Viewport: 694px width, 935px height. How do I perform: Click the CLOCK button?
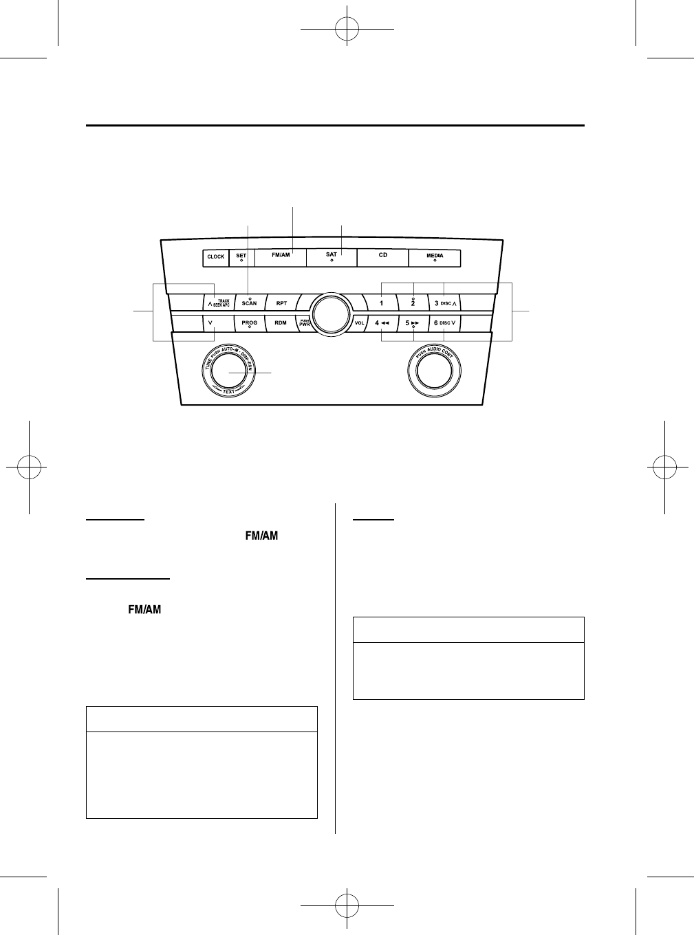click(x=216, y=258)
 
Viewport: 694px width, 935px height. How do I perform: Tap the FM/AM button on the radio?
click(x=281, y=256)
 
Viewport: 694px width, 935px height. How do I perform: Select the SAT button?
click(x=332, y=256)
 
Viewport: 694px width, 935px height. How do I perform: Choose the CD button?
click(x=382, y=256)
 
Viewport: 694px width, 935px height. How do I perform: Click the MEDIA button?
click(x=434, y=257)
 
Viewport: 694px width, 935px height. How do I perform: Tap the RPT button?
click(x=281, y=303)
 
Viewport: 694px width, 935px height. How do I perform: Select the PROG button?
click(x=249, y=322)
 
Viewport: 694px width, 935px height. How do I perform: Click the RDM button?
click(x=281, y=322)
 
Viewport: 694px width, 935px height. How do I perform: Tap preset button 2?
click(x=413, y=303)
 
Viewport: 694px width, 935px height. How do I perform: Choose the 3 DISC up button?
click(x=446, y=303)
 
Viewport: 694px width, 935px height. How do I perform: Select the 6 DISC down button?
click(x=446, y=322)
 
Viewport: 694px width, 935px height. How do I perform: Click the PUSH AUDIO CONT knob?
click(x=435, y=372)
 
